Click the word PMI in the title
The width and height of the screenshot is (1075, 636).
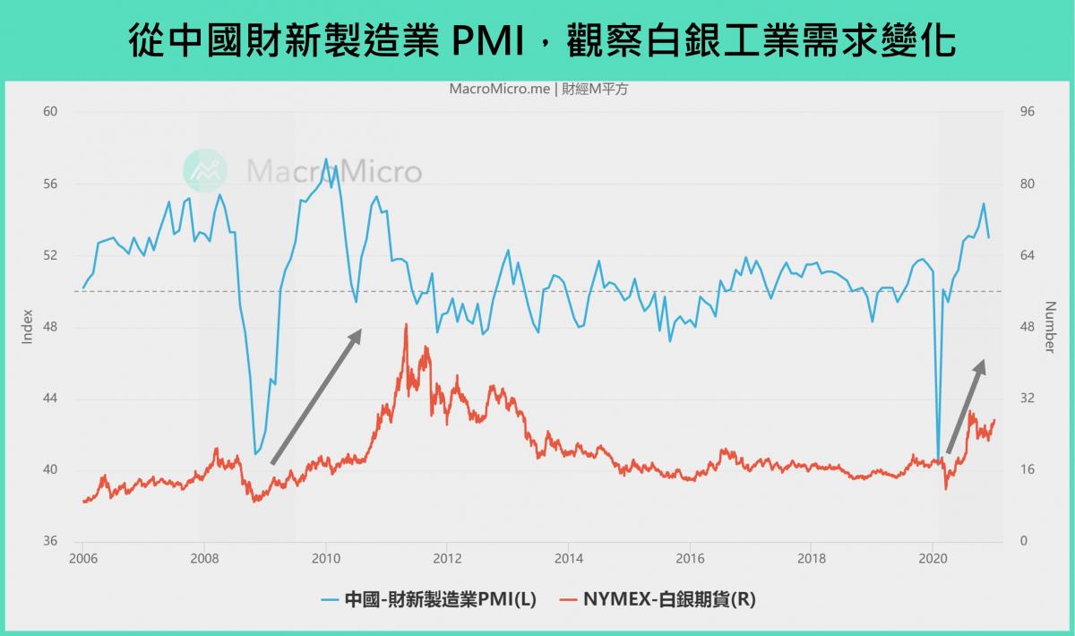point(490,39)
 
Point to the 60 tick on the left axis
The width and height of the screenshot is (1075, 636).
point(50,112)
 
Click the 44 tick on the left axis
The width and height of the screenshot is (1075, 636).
point(50,399)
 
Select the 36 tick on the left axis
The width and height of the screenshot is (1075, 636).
point(50,542)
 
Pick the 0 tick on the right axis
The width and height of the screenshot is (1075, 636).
point(1025,542)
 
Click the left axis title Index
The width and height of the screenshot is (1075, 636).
point(26,327)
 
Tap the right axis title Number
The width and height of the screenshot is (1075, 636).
point(1050,327)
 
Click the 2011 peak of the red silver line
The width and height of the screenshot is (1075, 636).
point(406,325)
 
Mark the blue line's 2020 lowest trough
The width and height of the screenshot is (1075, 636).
point(938,460)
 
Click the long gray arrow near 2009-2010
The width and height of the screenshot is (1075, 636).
point(316,396)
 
